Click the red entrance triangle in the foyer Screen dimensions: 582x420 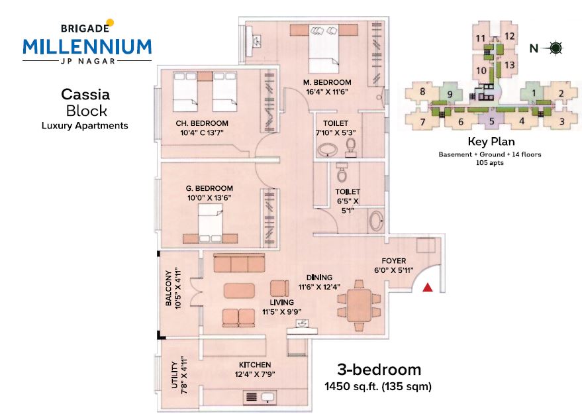(428, 288)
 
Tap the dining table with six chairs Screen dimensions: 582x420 (359, 305)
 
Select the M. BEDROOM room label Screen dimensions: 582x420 (327, 82)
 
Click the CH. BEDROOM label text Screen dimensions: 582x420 (202, 123)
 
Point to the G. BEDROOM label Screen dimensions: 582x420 (209, 189)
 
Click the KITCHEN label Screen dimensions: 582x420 (255, 365)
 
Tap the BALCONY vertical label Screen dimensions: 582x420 (169, 288)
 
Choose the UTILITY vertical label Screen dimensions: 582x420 (174, 375)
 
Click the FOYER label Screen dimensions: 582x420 (394, 261)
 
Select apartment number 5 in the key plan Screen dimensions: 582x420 (492, 121)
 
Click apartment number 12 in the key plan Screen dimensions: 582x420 (509, 36)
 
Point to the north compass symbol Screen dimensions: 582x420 (556, 48)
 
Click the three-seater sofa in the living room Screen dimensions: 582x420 (240, 263)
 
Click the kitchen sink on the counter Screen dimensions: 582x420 (267, 397)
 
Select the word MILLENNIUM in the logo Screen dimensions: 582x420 (87, 47)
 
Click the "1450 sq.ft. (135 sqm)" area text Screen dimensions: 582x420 (378, 387)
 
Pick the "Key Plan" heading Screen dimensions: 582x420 (491, 142)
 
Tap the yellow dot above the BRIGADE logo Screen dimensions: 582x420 (109, 23)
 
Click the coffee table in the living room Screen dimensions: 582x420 (240, 291)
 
